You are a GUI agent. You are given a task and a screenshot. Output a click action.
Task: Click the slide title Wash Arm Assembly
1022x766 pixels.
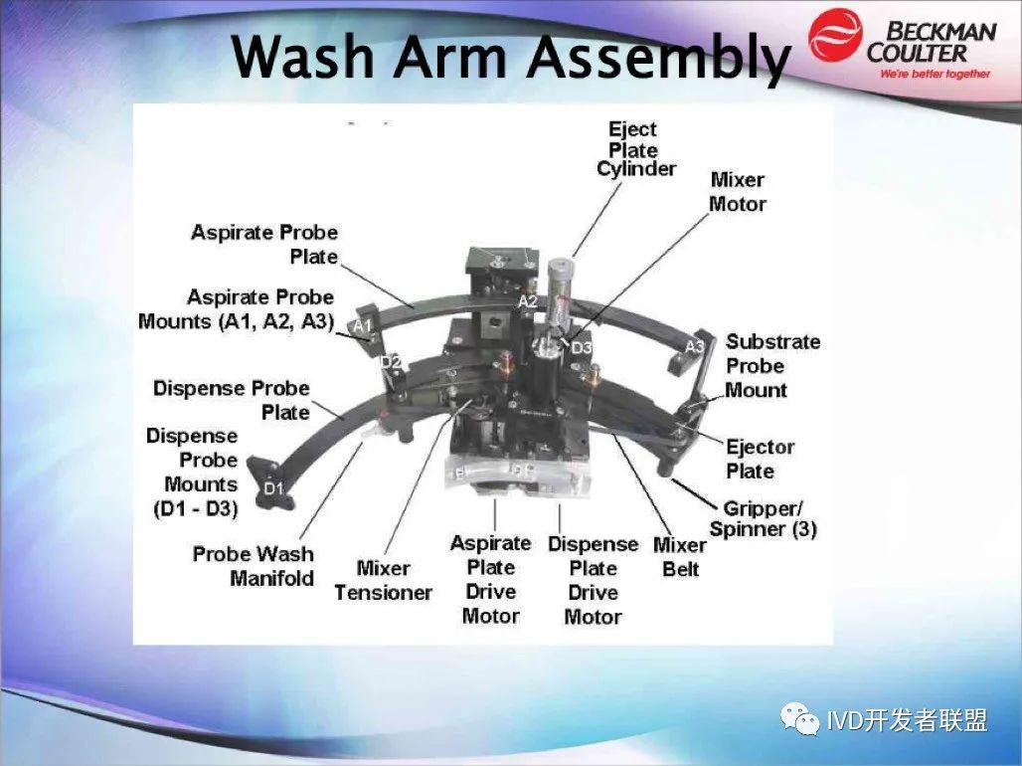tap(510, 57)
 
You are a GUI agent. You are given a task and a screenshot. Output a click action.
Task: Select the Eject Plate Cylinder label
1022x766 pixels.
tap(635, 149)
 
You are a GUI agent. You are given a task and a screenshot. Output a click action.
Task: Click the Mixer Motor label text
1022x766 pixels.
tap(737, 192)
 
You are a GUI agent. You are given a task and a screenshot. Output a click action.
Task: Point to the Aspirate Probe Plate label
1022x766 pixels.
tap(264, 244)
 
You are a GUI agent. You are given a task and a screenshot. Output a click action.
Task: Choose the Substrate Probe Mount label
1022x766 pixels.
tap(772, 366)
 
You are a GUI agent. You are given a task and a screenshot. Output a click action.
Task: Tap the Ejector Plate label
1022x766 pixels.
tap(760, 460)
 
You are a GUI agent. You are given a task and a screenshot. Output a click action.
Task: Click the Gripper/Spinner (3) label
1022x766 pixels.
tap(763, 518)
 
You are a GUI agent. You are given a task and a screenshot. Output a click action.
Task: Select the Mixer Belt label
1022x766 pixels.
tap(680, 557)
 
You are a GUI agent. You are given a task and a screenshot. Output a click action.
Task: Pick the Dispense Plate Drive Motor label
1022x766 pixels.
tap(593, 581)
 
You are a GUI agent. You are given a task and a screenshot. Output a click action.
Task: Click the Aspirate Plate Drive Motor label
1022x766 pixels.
tap(491, 579)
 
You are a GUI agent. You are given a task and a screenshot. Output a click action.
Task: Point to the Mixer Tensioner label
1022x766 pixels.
tap(384, 580)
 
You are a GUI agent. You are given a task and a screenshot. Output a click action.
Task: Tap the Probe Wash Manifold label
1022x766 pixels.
tap(254, 566)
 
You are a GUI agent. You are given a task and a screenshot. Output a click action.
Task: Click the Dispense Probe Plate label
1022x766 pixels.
tap(232, 400)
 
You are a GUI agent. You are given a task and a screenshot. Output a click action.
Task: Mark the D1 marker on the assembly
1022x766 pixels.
tap(274, 488)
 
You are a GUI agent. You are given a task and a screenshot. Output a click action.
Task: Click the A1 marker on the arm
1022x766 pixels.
tap(363, 325)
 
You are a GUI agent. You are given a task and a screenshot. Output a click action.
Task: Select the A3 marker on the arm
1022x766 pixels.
tap(695, 346)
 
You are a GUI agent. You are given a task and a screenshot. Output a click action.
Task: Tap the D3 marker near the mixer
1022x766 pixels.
tap(582, 348)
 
